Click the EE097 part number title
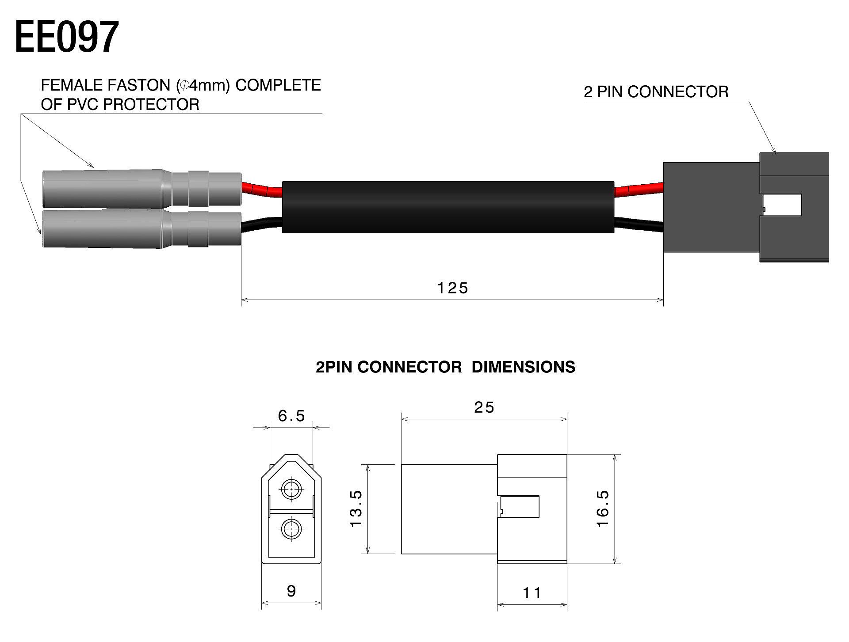(67, 37)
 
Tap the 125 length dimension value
(452, 288)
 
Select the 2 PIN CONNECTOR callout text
(656, 92)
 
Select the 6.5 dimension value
(291, 416)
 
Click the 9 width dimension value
(291, 591)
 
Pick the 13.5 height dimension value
(356, 508)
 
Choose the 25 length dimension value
(484, 407)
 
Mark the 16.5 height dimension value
(603, 508)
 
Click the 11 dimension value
(532, 593)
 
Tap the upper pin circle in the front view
(291, 489)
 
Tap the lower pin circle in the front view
(291, 528)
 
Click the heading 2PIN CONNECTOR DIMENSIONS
(445, 367)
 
